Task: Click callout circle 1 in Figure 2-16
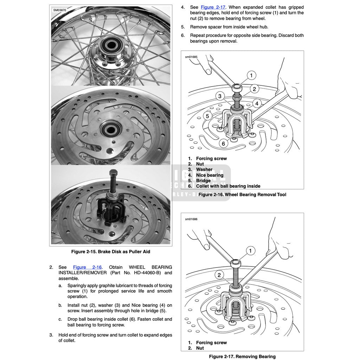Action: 251,75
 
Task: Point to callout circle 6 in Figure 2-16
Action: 223,143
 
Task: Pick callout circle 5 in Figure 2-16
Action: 207,116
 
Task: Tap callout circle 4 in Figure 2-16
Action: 257,103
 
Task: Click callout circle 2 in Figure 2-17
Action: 219,275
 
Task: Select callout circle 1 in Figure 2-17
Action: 250,251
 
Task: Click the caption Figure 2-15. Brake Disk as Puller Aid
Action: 110,252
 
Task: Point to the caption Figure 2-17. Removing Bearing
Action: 242,356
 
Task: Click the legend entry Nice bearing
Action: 210,175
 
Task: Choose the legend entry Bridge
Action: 203,181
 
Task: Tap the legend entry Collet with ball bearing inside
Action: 228,186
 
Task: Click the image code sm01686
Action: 191,219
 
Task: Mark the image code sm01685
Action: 191,57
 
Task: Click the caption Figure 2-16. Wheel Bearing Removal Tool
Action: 242,194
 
